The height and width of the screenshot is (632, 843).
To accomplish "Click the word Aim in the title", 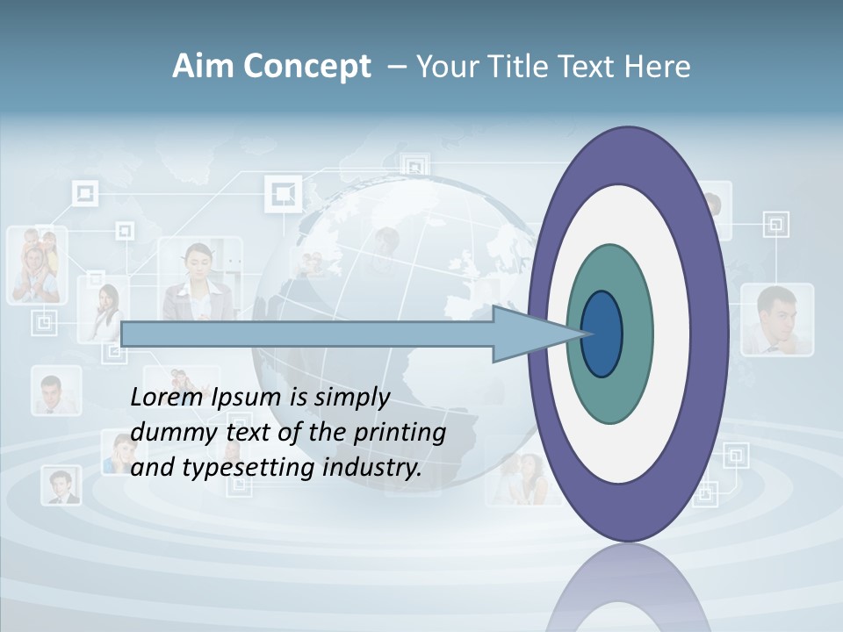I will (x=204, y=67).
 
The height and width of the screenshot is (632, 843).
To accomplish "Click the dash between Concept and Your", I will (x=396, y=68).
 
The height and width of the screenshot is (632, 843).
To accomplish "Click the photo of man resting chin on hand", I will (x=776, y=319).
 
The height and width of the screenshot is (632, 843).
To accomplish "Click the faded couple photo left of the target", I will (x=517, y=479).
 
